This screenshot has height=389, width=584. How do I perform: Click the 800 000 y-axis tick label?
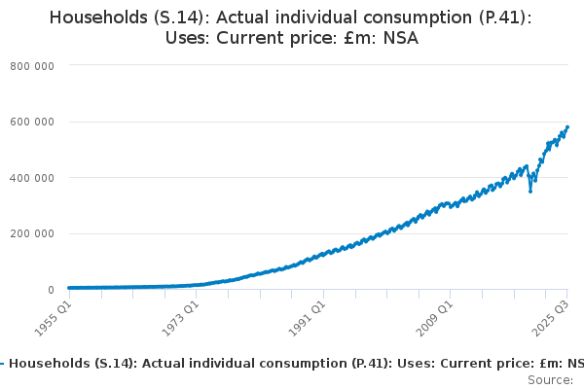point(32,65)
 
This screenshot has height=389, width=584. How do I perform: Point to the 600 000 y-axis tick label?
point(32,122)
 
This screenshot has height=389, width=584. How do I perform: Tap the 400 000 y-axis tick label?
point(32,178)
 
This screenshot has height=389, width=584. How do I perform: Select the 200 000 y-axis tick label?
point(32,233)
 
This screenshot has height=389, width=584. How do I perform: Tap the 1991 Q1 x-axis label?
point(309,317)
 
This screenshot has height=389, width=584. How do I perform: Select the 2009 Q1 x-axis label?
point(437,317)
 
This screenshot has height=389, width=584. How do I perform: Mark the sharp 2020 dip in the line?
point(530,191)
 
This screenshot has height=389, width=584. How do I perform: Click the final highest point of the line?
point(567,126)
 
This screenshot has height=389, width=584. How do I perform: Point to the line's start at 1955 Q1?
point(67,288)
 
